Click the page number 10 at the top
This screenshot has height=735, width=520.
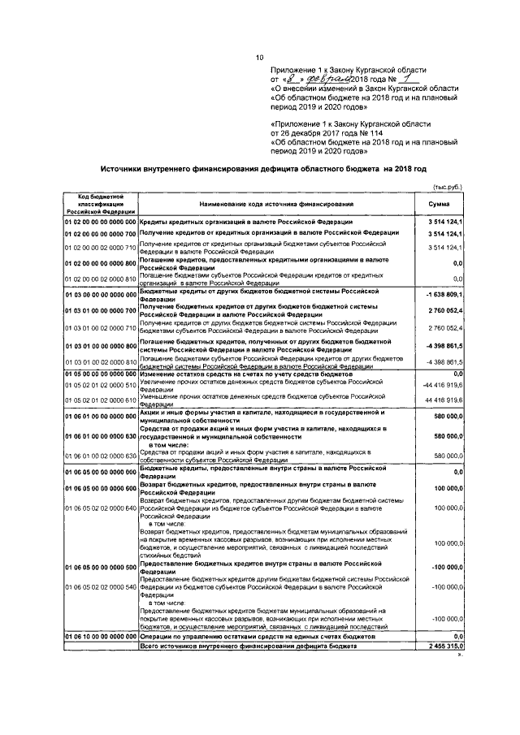(260, 57)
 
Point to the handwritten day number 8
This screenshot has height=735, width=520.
(292, 80)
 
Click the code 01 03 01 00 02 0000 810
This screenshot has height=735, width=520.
(100, 361)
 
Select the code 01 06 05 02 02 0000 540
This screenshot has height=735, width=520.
(100, 586)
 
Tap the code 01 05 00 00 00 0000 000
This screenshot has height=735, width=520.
(100, 374)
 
